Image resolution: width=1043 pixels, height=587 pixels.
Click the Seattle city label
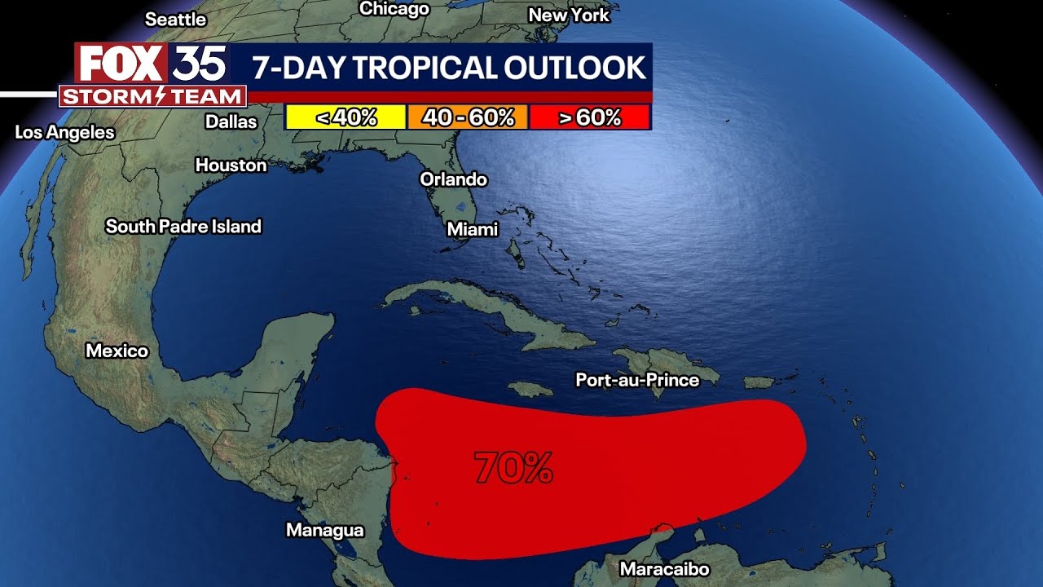[175, 18]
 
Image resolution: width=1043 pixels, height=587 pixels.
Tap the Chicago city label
[394, 9]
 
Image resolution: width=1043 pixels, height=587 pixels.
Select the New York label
[569, 15]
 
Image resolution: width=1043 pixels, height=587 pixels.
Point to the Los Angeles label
[65, 132]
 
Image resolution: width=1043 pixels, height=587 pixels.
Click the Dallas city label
[231, 121]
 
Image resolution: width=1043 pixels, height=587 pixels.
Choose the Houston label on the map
[231, 166]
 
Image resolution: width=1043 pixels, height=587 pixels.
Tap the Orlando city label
[453, 179]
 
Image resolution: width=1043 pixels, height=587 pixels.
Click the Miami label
[473, 230]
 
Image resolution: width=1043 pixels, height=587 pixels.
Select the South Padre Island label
[183, 227]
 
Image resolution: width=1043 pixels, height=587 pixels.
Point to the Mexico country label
[117, 351]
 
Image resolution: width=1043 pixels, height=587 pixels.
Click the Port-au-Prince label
[637, 380]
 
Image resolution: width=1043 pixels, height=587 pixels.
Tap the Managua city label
[324, 530]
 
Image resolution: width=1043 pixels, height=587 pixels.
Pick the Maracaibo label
[664, 569]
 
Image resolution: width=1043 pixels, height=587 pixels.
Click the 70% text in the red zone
[514, 468]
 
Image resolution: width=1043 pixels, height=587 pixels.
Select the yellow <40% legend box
[345, 117]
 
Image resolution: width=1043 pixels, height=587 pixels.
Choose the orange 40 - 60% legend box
[468, 117]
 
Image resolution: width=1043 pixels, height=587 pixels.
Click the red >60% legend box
[589, 117]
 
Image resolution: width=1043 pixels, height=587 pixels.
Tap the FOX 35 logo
[152, 64]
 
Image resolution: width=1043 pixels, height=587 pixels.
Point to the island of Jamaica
[530, 390]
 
